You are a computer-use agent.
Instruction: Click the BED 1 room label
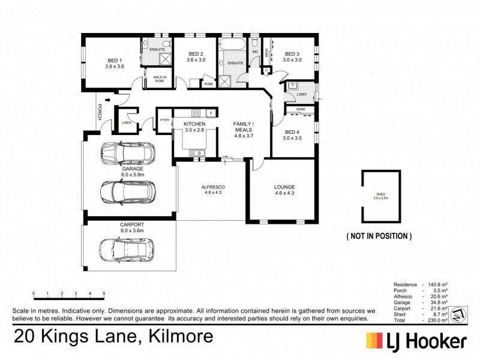(115, 64)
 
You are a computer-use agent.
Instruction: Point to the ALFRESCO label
(212, 190)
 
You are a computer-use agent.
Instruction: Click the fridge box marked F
(211, 113)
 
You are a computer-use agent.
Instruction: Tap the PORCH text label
(100, 112)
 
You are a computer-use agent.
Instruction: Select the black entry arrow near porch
(108, 100)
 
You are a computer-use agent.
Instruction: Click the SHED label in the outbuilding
(381, 194)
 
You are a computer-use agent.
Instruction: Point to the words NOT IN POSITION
(379, 236)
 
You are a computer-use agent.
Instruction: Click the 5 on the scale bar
(104, 293)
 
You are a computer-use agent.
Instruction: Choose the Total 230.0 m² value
(436, 321)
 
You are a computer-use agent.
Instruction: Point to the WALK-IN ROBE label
(159, 79)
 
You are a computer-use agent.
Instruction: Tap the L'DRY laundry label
(301, 94)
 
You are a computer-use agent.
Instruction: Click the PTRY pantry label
(164, 120)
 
